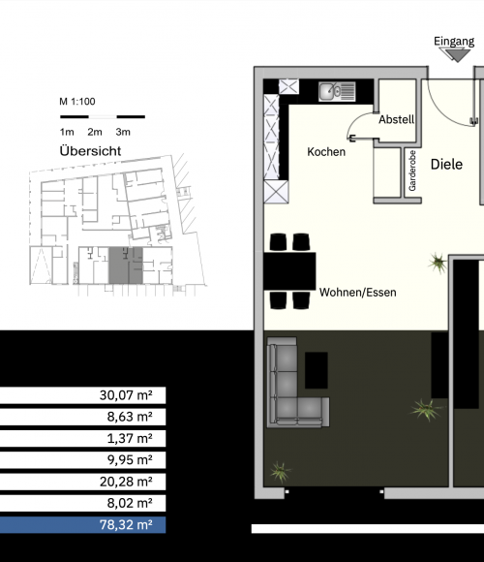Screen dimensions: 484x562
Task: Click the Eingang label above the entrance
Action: [454, 42]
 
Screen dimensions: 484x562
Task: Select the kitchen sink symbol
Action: [337, 91]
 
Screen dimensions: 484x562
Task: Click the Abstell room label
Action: [396, 119]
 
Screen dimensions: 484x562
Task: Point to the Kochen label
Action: [326, 151]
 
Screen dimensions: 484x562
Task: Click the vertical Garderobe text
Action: [412, 171]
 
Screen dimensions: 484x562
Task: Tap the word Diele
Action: [446, 164]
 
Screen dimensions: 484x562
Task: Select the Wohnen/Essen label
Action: [357, 292]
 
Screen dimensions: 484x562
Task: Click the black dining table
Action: [289, 271]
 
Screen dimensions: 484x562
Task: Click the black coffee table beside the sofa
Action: [317, 370]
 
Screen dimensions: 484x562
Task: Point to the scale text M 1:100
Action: [77, 102]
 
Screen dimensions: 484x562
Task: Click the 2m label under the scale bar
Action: [95, 132]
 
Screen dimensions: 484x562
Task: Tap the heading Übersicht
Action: [90, 150]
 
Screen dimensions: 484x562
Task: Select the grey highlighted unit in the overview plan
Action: [126, 265]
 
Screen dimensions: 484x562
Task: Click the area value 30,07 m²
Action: [126, 395]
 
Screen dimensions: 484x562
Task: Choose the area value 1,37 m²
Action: [130, 438]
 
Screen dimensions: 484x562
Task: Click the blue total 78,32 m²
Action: [126, 525]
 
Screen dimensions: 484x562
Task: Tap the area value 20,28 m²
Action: [126, 482]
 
